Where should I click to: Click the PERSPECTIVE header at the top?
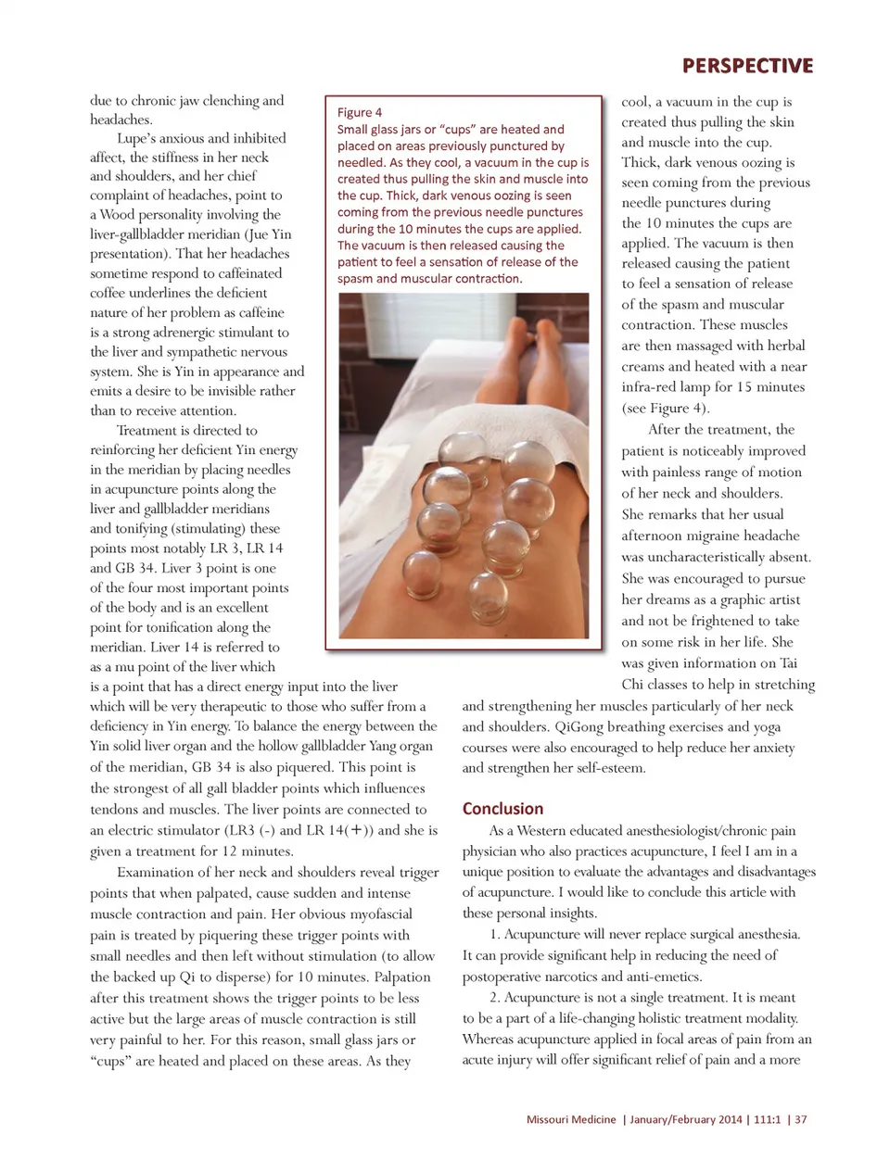pos(747,66)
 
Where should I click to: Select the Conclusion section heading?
pos(502,808)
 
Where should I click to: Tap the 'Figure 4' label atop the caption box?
pos(360,112)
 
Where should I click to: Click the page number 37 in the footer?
pos(800,1119)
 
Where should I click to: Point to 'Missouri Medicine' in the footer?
pos(570,1119)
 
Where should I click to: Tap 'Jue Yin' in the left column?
pos(268,234)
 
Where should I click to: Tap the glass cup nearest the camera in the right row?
pos(489,596)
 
